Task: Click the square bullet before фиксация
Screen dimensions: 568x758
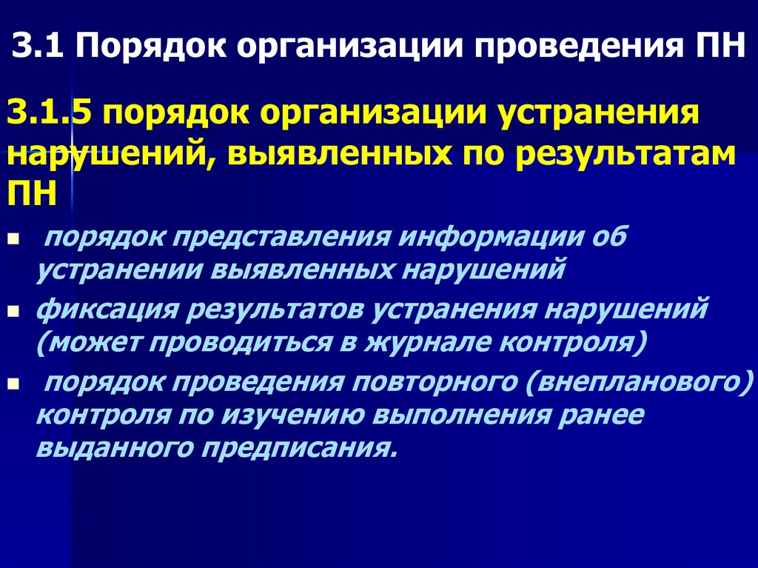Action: (13, 313)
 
